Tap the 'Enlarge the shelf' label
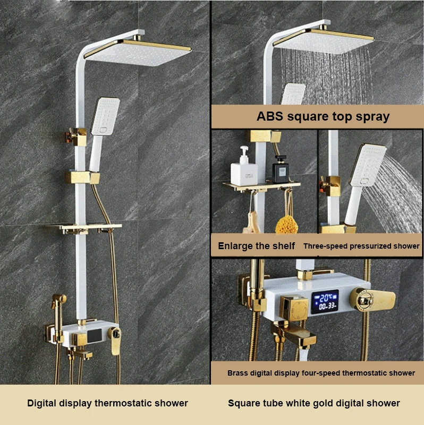[256, 246]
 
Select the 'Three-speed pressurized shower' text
[362, 246]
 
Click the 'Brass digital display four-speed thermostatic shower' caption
[321, 373]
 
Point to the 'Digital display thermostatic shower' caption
[107, 403]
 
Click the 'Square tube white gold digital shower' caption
[314, 403]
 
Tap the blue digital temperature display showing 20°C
[324, 301]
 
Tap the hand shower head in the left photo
[101, 119]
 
